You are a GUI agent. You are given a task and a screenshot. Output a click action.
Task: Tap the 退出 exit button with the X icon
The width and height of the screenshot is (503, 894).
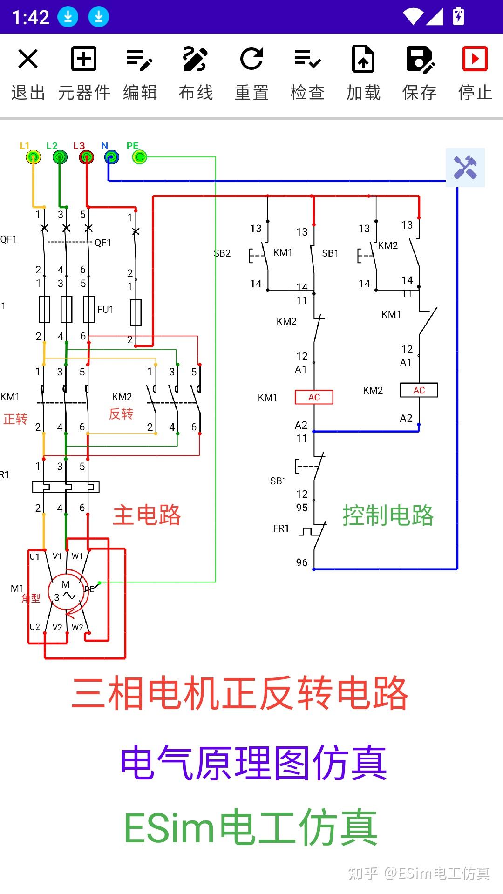(28, 73)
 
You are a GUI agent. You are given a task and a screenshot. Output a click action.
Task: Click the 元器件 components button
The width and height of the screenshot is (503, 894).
(84, 73)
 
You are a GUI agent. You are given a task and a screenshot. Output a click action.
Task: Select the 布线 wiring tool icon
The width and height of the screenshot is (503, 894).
(196, 73)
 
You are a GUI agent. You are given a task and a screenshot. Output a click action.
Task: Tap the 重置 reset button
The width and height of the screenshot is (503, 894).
(251, 73)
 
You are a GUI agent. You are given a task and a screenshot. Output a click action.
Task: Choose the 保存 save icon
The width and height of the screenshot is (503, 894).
(419, 73)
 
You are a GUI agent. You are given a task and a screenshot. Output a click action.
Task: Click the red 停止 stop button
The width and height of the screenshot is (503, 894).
(475, 73)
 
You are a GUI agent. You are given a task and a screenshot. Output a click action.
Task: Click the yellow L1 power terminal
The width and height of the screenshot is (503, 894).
(33, 157)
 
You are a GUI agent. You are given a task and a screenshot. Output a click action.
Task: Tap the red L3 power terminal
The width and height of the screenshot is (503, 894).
(86, 157)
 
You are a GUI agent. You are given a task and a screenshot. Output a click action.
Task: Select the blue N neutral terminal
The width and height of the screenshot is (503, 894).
(111, 157)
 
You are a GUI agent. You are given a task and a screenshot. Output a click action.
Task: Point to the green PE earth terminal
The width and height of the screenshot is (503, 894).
(140, 157)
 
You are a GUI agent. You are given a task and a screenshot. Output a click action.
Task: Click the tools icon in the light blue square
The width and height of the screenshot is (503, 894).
(465, 168)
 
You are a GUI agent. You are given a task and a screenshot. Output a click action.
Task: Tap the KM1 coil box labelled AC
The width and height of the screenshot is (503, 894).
(314, 397)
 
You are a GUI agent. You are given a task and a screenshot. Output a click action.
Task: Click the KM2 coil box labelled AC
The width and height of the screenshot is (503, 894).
(419, 390)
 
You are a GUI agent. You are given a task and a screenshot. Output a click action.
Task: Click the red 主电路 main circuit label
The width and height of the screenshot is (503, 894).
(147, 515)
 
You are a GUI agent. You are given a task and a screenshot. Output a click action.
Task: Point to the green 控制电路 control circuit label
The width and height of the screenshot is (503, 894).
(388, 515)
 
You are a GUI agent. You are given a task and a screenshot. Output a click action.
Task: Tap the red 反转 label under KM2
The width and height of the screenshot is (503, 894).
(121, 413)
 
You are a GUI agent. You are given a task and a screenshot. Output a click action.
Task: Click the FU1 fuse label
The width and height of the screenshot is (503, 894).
(105, 310)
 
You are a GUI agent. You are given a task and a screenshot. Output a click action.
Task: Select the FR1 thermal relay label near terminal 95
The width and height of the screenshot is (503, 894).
(281, 528)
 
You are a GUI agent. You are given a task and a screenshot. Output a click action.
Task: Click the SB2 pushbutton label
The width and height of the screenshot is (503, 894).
(222, 253)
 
